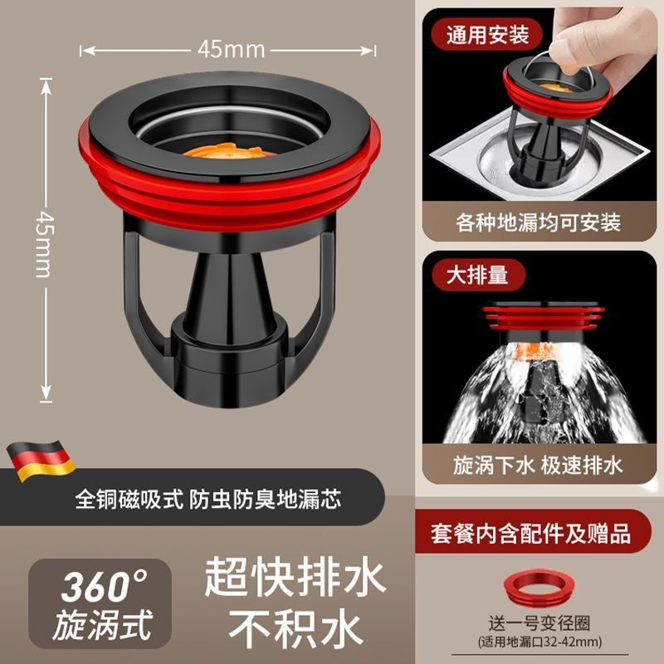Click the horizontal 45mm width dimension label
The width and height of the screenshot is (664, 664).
(x=231, y=50)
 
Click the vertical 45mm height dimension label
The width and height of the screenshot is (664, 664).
(x=44, y=232)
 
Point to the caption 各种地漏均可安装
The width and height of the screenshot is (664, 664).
(x=538, y=222)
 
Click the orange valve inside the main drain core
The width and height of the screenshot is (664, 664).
(x=231, y=154)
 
